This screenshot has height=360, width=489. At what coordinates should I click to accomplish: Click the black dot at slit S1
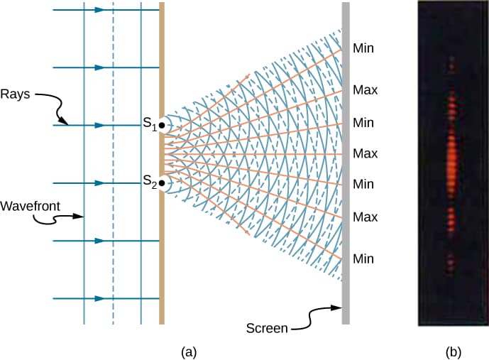(162, 126)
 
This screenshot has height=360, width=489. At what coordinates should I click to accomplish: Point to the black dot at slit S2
(162, 184)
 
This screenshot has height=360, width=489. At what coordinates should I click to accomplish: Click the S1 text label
(148, 124)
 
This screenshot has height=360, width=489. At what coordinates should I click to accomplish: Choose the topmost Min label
(363, 49)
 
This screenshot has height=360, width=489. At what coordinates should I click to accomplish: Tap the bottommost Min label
(363, 258)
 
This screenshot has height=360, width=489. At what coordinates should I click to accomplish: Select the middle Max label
(365, 153)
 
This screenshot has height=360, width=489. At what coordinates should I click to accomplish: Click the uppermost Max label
(365, 90)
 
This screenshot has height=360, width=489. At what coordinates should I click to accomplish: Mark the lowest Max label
(365, 215)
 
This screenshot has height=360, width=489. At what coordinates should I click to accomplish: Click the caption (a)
(189, 351)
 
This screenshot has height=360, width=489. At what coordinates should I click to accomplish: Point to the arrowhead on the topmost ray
(99, 10)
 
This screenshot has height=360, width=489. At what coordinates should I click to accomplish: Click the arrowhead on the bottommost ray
(99, 299)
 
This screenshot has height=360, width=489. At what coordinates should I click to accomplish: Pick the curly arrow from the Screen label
(316, 316)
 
